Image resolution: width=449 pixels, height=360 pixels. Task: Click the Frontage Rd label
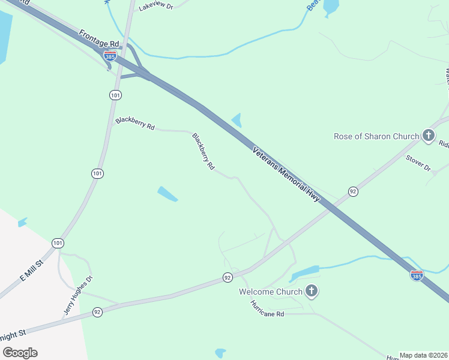[100, 43]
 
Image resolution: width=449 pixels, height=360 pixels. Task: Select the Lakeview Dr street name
[155, 7]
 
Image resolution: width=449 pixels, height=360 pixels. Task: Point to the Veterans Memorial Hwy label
[286, 174]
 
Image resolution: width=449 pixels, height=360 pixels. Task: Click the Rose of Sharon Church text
[376, 136]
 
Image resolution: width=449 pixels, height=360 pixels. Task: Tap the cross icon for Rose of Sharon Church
[429, 136]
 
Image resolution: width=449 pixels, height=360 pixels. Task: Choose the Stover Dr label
[418, 163]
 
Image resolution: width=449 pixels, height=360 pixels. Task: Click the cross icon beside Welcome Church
[312, 292]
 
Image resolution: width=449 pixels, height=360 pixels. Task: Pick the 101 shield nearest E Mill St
[57, 243]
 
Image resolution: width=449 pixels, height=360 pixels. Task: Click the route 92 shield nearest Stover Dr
[354, 191]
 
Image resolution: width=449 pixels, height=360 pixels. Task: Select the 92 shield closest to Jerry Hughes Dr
[98, 312]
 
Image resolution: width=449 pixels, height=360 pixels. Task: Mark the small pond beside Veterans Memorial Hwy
[237, 120]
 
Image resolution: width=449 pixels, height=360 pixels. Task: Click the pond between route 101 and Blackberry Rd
[167, 194]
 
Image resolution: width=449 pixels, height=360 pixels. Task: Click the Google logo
[20, 352]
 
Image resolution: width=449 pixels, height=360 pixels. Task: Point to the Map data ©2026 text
[424, 355]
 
